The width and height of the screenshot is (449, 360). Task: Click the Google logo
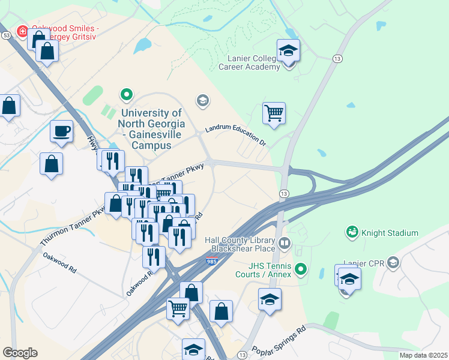20,353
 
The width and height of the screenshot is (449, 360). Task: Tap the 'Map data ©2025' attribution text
423,355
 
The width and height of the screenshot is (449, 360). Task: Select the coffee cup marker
61,132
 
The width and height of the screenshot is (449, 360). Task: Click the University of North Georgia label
151,129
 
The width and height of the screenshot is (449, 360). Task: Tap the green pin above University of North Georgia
126,94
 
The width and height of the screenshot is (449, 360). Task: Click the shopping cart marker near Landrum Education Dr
274,113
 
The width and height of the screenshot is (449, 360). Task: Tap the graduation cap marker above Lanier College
288,51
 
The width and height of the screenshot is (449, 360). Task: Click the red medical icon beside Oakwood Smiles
22,31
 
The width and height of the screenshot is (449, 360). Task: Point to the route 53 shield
7,36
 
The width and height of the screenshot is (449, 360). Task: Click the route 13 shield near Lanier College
337,58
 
